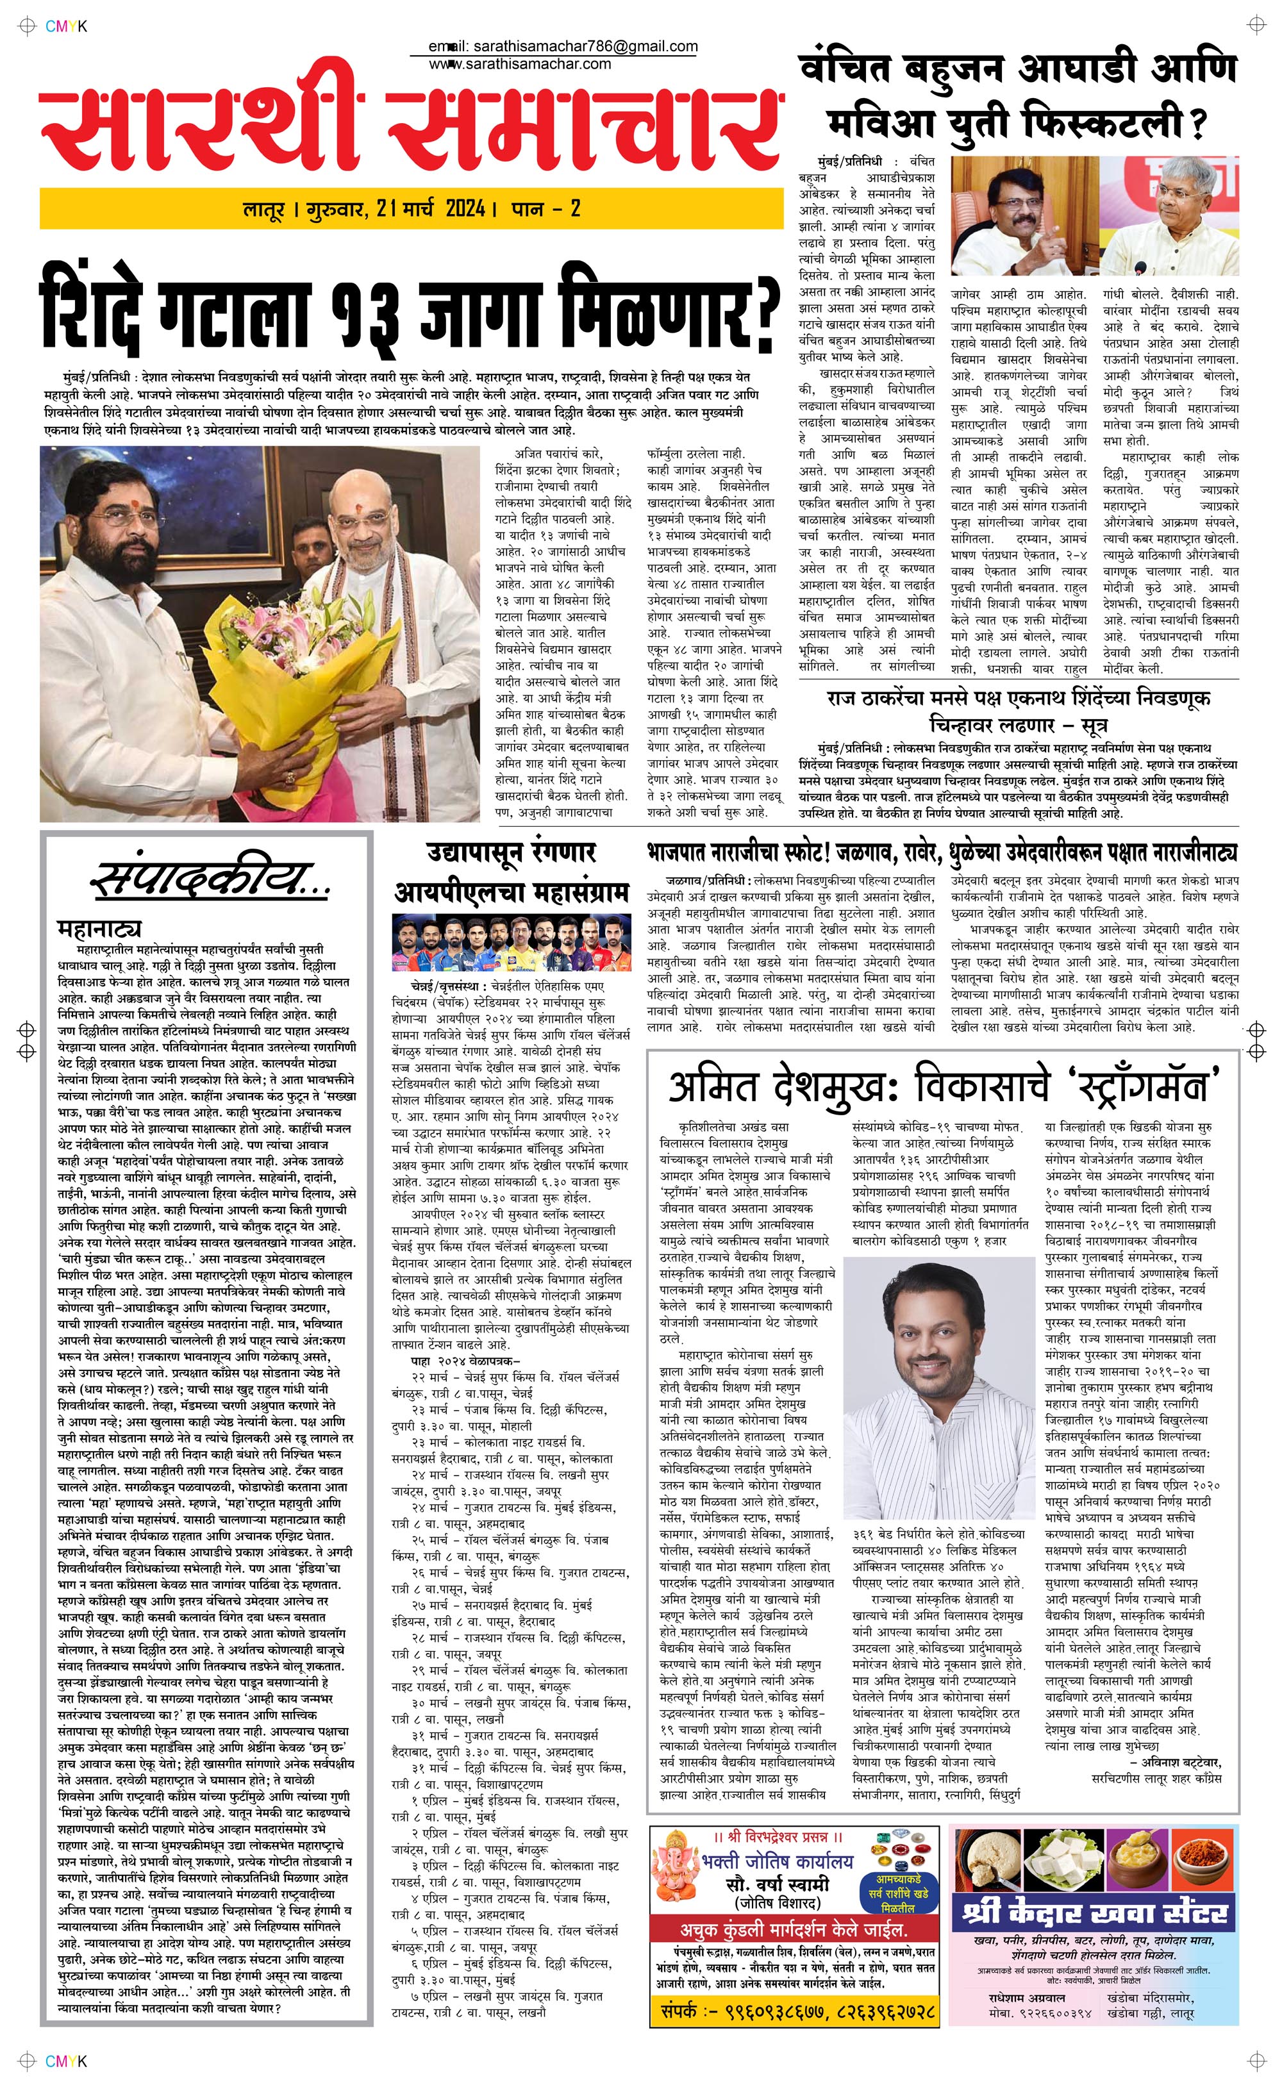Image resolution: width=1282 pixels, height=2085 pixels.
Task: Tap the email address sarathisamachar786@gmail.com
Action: pyautogui.click(x=581, y=47)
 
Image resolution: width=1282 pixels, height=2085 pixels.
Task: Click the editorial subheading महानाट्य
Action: pyautogui.click(x=99, y=928)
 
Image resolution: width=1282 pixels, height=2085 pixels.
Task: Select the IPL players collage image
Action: pyautogui.click(x=512, y=947)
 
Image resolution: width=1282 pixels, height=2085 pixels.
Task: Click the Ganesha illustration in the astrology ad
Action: pyautogui.click(x=678, y=1872)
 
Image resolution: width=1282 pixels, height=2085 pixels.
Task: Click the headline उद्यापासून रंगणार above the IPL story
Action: pyautogui.click(x=512, y=852)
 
